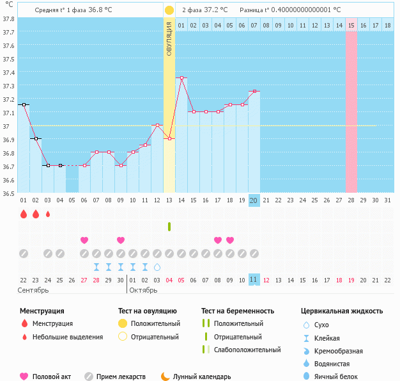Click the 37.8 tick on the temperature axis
pos(8,19)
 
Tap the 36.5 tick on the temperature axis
pos(8,193)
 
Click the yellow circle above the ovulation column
pos(169,10)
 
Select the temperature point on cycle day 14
pos(181,78)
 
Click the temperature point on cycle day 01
pos(24,104)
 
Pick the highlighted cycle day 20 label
pos(254,200)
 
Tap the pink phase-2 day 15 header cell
pos(351,25)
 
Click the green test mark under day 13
pos(169,226)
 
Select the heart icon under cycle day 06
pos(84,240)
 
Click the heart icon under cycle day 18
pos(230,240)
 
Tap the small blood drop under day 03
pos(48,215)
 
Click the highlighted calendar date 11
pos(254,280)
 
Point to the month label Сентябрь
pos(34,290)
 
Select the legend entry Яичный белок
pos(340,377)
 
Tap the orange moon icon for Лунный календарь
pos(165,377)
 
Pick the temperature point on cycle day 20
pos(254,92)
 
